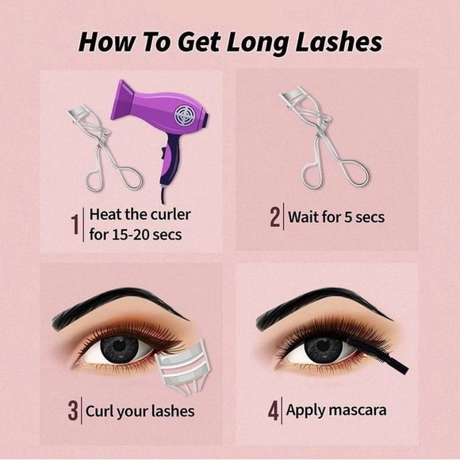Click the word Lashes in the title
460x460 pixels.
[339, 42]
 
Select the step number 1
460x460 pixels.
[75, 224]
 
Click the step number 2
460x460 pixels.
[275, 217]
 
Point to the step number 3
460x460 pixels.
[73, 410]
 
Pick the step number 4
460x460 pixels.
[274, 411]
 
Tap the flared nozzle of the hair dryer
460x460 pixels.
[123, 100]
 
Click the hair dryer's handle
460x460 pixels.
[168, 160]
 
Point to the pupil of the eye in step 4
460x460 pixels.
[323, 347]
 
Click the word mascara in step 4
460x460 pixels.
[358, 410]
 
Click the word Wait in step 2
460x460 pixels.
[303, 217]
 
